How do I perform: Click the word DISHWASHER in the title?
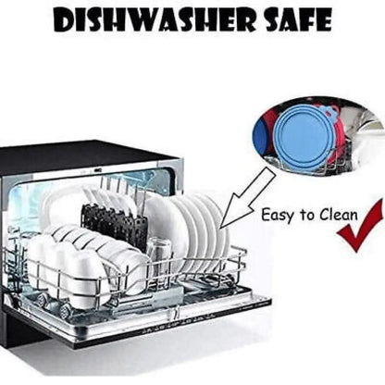(155, 19)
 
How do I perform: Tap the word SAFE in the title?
(299, 19)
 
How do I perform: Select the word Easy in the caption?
(278, 216)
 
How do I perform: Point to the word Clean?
(339, 215)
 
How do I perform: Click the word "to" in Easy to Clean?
(306, 215)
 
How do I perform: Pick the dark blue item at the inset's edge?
(258, 139)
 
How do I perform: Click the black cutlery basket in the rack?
(113, 222)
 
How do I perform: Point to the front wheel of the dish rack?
(66, 310)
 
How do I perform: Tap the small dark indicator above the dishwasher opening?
(96, 170)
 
